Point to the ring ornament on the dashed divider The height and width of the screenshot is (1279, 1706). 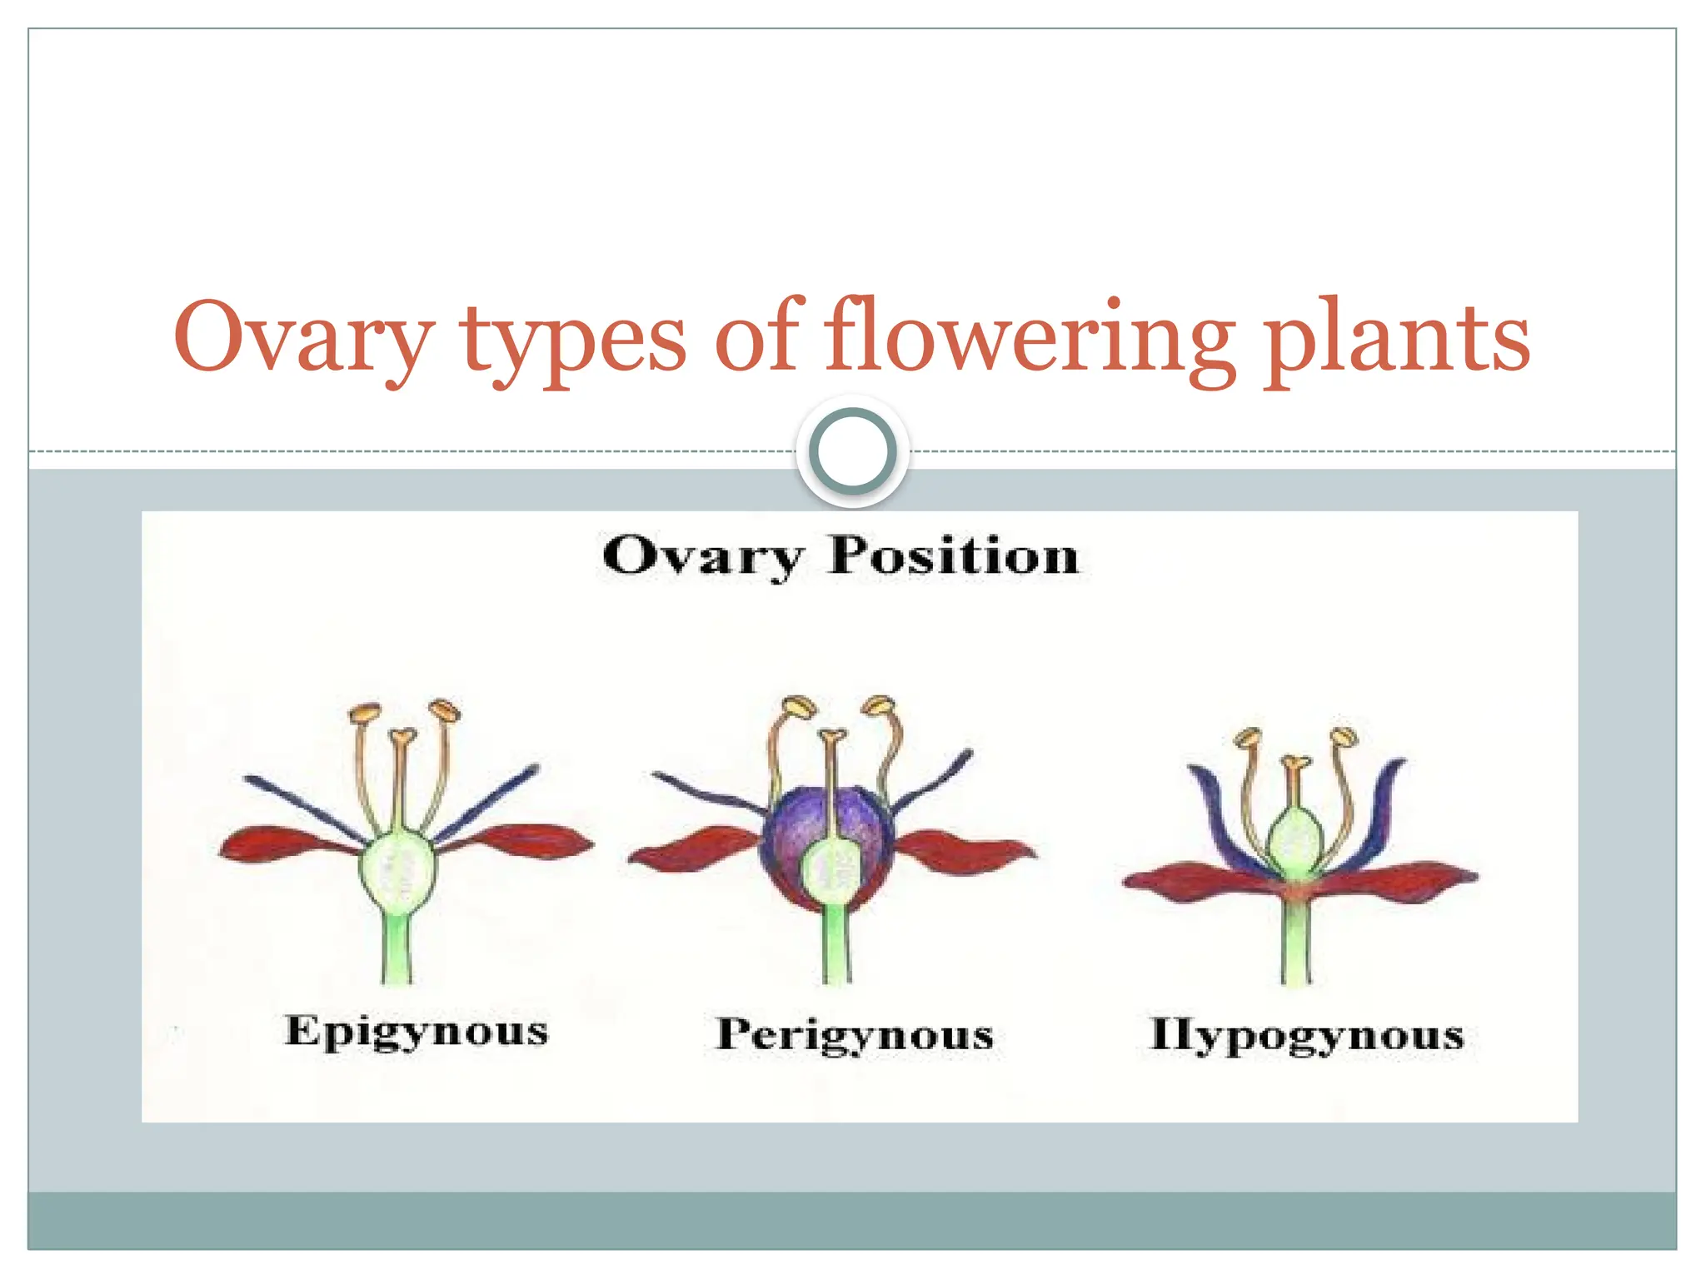852,451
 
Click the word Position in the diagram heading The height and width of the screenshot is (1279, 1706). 954,555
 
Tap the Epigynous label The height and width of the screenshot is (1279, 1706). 417,1033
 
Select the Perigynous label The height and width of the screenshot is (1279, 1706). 855,1036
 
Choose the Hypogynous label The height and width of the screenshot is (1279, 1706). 1306,1036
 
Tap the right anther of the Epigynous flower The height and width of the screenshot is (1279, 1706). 444,710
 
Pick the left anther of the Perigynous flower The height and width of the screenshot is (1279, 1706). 797,706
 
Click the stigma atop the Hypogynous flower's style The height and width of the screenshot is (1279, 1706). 1294,762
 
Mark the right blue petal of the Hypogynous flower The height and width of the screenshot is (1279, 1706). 1380,808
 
